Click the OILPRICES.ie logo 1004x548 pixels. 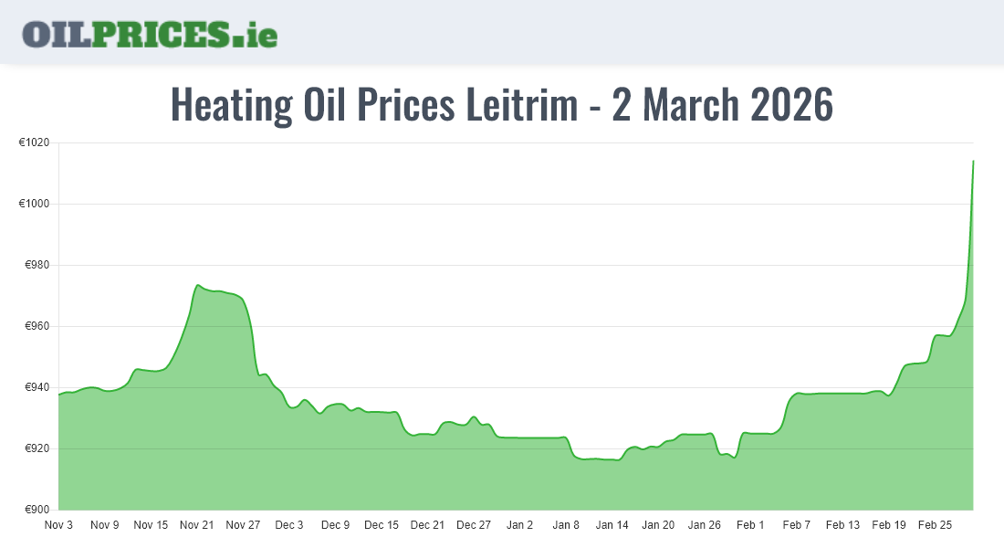click(150, 33)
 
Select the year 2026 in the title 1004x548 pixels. click(791, 105)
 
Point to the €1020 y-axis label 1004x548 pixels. click(35, 142)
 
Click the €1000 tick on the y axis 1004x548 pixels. click(35, 204)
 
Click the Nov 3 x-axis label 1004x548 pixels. click(58, 525)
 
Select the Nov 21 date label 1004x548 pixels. click(196, 525)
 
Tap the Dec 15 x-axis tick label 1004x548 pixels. click(381, 525)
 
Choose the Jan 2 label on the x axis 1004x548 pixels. click(519, 525)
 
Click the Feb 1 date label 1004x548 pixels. click(750, 525)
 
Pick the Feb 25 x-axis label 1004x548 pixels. click(935, 525)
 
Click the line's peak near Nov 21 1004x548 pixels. click(198, 285)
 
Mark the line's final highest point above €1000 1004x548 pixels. click(973, 161)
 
